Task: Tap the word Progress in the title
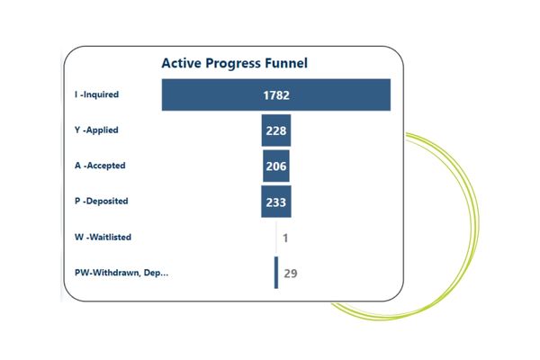click(x=236, y=64)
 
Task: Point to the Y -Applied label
click(x=96, y=130)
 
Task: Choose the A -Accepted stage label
click(x=100, y=166)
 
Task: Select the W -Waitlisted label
click(x=103, y=238)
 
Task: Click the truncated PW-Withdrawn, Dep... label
click(x=121, y=273)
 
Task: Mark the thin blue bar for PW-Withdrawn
click(x=276, y=273)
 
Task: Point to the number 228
click(x=277, y=131)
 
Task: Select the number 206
click(x=277, y=166)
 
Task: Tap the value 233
click(x=276, y=202)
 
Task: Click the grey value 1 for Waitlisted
click(x=285, y=238)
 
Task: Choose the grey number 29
click(x=291, y=274)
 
